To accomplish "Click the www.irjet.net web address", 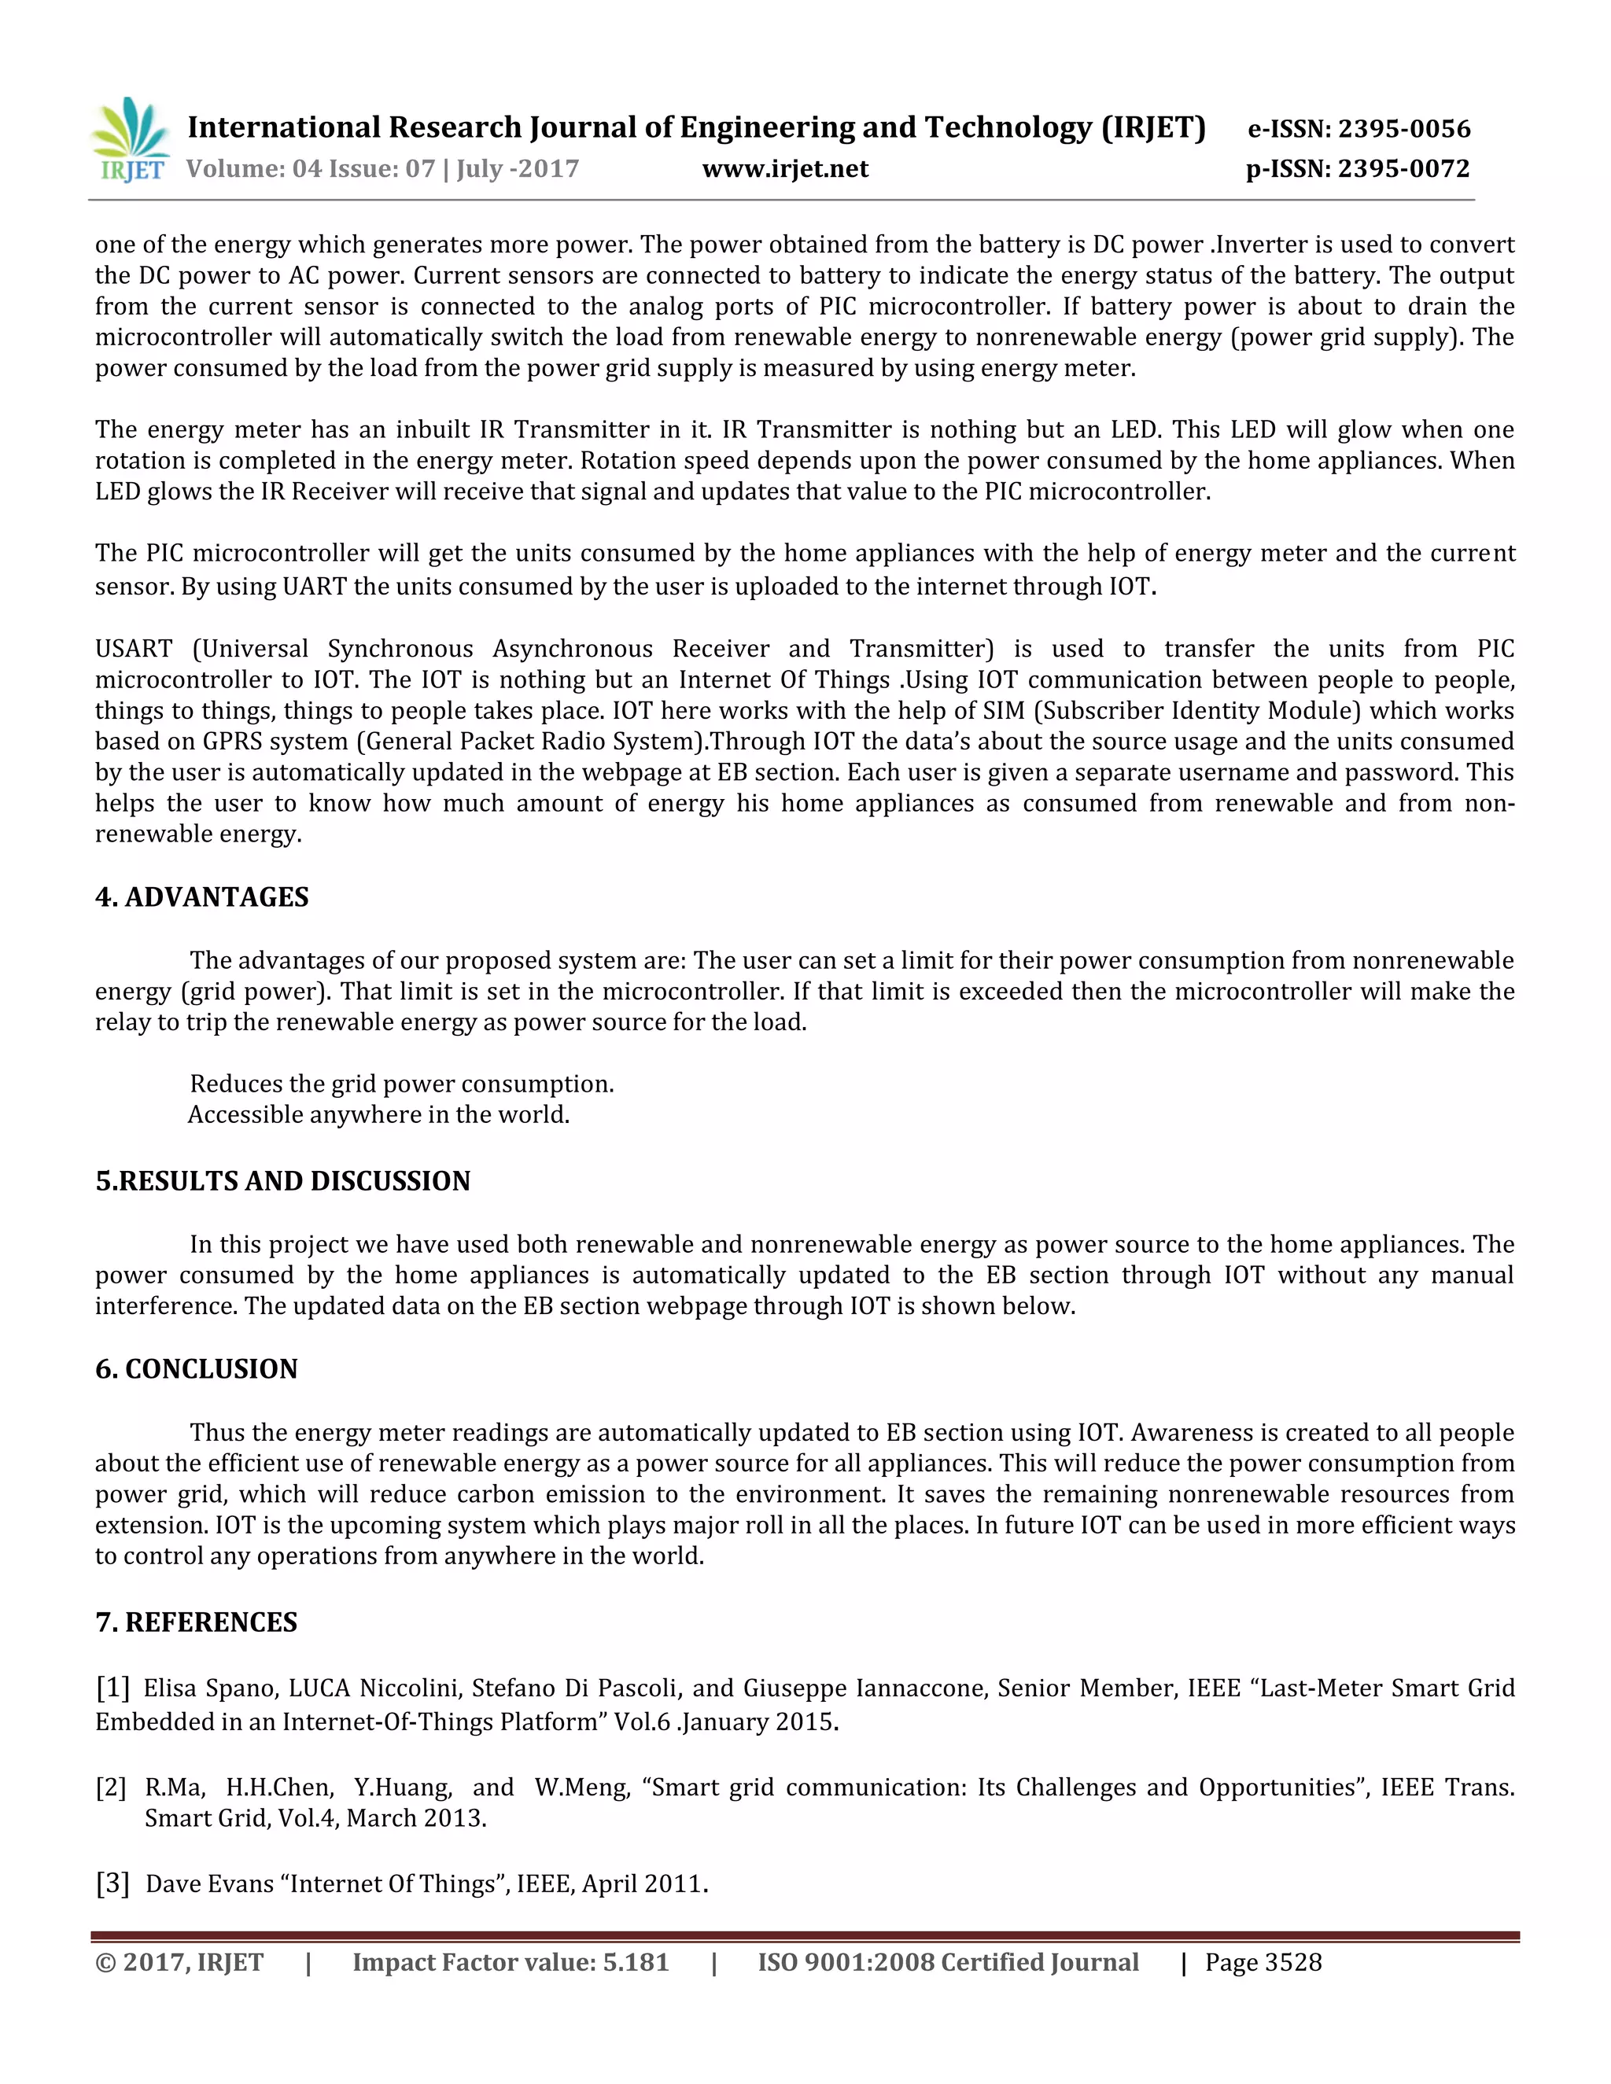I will (x=786, y=169).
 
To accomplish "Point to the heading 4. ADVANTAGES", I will (x=202, y=897).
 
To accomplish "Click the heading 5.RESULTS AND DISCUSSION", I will (x=282, y=1181).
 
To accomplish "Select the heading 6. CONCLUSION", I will (x=197, y=1369).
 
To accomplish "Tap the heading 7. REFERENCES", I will (x=197, y=1622).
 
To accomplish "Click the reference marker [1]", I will (x=112, y=1688).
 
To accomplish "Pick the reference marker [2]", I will (x=111, y=1788).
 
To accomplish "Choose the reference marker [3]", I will (x=112, y=1883).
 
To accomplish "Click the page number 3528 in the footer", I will (x=1292, y=1963).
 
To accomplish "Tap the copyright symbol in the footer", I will (x=104, y=1963).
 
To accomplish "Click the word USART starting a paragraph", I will (x=133, y=649).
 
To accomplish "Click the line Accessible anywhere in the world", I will (x=379, y=1114).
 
